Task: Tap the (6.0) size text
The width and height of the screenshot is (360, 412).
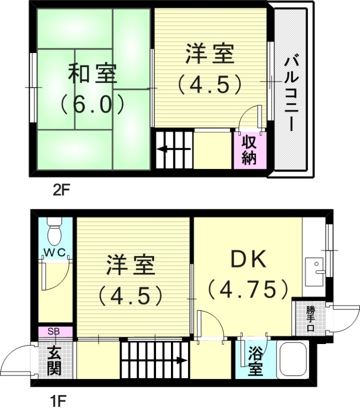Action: click(92, 105)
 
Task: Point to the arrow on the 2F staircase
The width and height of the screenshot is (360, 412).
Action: click(173, 149)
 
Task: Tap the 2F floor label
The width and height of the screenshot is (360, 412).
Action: click(60, 190)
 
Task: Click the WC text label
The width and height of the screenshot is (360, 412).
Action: click(54, 254)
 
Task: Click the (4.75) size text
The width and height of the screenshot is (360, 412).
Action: click(247, 289)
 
